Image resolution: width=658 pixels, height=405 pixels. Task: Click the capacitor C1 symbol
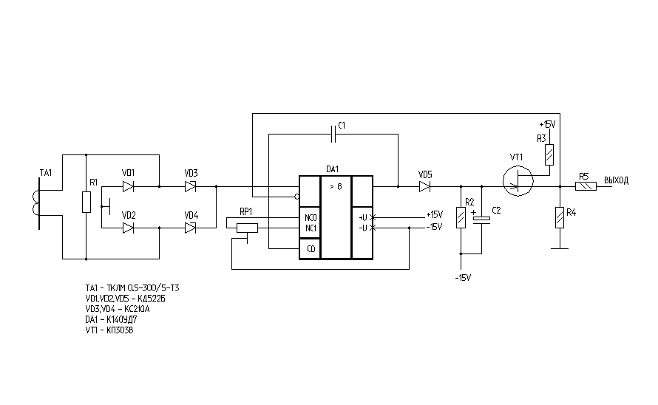335,135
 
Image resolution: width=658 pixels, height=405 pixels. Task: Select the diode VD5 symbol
425,187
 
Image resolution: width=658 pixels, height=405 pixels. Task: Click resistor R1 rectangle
87,201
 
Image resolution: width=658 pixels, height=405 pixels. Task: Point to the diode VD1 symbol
129,187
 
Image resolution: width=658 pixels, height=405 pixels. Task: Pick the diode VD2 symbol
129,228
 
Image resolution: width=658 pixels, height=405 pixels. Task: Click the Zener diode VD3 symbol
191,187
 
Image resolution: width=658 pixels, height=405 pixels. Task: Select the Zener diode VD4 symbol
191,228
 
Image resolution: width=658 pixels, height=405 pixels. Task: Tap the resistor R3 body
549,155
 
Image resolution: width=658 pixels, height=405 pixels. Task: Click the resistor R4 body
559,217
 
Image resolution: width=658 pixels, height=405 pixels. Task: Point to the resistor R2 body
461,217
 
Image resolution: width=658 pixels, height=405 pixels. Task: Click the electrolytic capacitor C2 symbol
482,219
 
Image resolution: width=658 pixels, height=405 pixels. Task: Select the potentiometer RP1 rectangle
246,228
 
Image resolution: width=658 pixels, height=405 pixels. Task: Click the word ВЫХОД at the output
616,180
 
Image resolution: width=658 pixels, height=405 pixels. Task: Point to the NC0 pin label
310,219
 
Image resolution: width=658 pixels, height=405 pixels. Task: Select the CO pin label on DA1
311,250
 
